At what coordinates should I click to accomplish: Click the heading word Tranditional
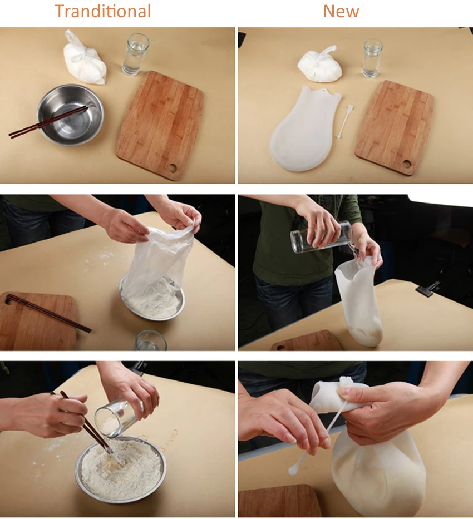point(102,11)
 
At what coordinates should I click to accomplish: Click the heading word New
point(341,11)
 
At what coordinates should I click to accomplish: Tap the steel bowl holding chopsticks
point(70,115)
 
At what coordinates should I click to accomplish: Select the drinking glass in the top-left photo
point(135,55)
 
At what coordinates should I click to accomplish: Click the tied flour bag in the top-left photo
point(85,59)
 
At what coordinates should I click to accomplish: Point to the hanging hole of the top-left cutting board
point(172,168)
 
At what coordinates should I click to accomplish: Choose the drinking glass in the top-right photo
point(372,58)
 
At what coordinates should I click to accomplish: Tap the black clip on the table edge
point(428,287)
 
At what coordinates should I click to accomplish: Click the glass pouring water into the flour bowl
point(119,418)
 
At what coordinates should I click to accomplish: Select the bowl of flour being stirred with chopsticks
point(121,469)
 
